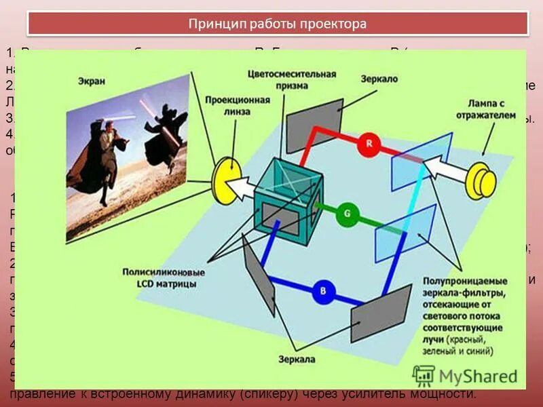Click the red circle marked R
(x=369, y=144)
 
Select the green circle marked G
(x=347, y=215)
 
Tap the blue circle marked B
(x=324, y=292)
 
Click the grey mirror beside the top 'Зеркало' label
(x=313, y=119)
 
